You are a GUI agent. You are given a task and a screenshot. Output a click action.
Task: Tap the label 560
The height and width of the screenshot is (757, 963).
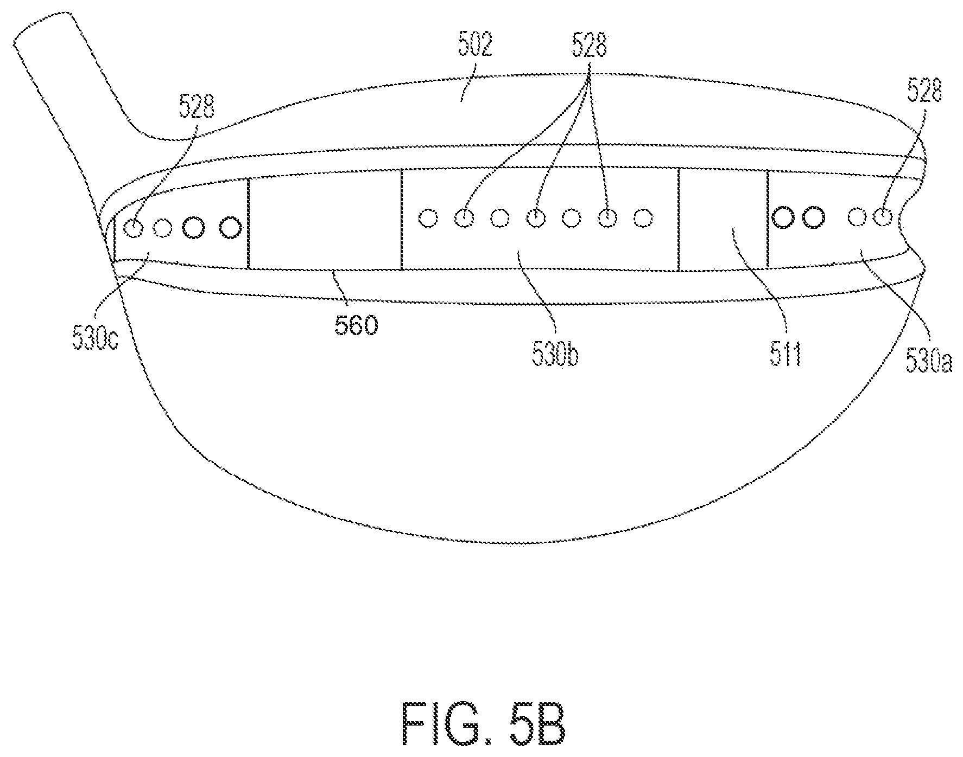356,326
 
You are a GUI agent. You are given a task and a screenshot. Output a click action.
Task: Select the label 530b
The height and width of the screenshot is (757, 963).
554,355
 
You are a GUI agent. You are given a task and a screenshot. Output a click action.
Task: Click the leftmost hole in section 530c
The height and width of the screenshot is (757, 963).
132,228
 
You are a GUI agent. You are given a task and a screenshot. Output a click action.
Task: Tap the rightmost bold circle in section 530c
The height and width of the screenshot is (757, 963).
230,227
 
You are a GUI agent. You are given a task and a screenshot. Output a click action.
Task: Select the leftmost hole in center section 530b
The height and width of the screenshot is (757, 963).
428,218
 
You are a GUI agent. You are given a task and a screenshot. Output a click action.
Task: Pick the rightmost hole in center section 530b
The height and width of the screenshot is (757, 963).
643,218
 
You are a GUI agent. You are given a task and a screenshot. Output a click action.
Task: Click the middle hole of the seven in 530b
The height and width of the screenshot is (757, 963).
536,218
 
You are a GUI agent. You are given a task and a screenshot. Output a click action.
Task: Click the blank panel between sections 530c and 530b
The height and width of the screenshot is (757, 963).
325,222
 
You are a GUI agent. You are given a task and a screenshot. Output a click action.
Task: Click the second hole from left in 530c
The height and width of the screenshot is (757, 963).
162,228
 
